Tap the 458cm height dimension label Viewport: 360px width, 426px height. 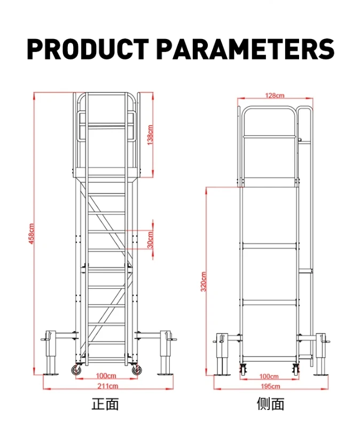(x=32, y=234)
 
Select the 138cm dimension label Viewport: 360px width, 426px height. (x=151, y=135)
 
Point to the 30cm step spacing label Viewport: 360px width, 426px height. (x=151, y=239)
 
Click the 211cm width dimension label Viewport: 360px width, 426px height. (x=107, y=386)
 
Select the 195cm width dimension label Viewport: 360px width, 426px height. (x=270, y=386)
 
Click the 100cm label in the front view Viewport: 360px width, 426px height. (x=106, y=376)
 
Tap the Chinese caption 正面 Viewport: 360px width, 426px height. (x=105, y=404)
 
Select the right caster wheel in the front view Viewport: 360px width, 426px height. (x=134, y=369)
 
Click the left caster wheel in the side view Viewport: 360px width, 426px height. (x=244, y=368)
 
